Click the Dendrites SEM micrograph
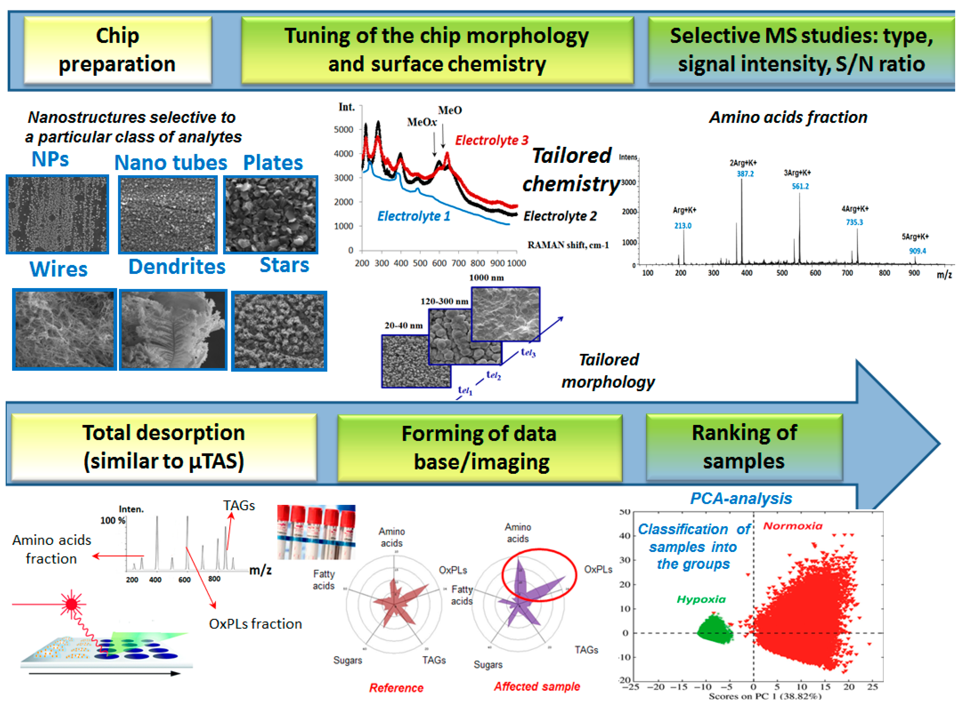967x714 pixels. (x=173, y=330)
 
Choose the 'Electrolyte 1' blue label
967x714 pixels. (x=414, y=216)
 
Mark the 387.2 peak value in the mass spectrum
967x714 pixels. (x=745, y=174)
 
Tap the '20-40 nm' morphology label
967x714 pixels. (x=403, y=325)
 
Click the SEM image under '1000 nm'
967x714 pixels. (x=505, y=314)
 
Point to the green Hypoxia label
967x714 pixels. (x=701, y=600)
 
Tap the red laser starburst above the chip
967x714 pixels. (x=71, y=604)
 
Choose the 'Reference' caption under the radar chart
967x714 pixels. (x=396, y=688)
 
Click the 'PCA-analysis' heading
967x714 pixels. (x=741, y=498)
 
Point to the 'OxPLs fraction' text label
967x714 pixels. (x=256, y=624)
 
